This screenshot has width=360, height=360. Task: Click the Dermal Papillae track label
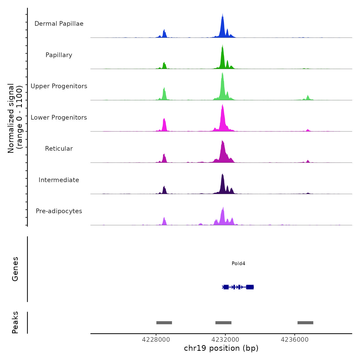59,24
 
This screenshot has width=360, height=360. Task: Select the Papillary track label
59,55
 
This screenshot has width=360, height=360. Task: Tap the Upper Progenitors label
59,86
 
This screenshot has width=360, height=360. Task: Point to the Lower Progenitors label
59,118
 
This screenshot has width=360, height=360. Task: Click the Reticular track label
59,149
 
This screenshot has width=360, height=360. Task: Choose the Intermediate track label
59,180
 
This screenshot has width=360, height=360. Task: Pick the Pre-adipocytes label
59,211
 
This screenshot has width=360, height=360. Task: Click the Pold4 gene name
238,263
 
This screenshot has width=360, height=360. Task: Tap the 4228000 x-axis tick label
156,340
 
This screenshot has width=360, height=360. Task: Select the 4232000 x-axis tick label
225,340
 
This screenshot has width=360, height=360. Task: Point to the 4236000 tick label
295,340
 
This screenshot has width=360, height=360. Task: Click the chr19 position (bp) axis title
221,348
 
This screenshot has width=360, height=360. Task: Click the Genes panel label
15,269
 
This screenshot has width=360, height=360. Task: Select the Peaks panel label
15,322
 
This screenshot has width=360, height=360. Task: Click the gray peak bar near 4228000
164,323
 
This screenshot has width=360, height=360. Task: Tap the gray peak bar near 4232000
223,323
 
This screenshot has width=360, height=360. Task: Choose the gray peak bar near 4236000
305,323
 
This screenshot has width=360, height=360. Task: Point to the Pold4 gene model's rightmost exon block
250,287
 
